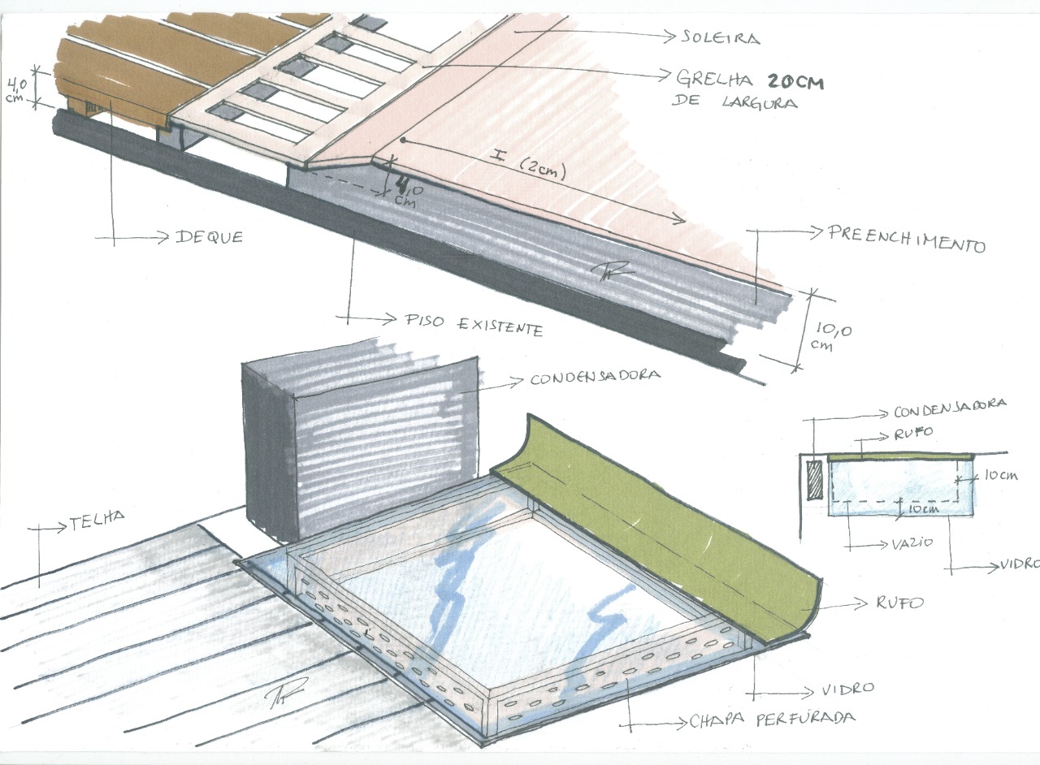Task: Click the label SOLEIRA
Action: (721, 37)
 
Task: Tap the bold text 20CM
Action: (795, 82)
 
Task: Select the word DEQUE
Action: (209, 237)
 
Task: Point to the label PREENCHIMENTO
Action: (906, 239)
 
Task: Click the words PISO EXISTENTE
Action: (474, 325)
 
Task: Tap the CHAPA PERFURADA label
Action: (772, 719)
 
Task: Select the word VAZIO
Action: (912, 542)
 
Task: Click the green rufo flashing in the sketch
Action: (659, 534)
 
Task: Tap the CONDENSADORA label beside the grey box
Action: (596, 376)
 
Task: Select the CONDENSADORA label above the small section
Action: (950, 408)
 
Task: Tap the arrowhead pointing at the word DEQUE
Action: (162, 238)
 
